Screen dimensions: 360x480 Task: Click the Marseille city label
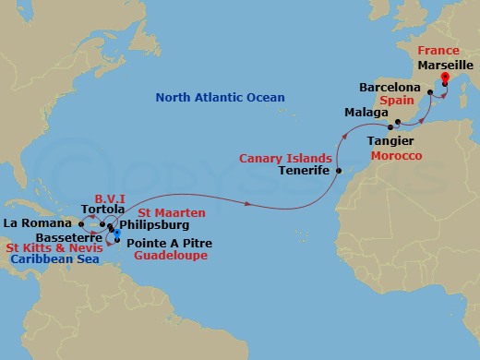(x=446, y=66)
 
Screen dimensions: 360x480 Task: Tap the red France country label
(x=439, y=50)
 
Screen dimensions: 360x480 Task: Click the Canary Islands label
(x=279, y=158)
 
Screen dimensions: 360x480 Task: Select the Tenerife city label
(x=305, y=171)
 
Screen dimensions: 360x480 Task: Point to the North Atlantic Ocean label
(x=221, y=97)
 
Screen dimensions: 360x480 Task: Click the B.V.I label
(x=113, y=197)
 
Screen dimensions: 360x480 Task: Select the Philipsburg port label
(x=155, y=224)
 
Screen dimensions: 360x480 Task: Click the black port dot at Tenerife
(x=339, y=171)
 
